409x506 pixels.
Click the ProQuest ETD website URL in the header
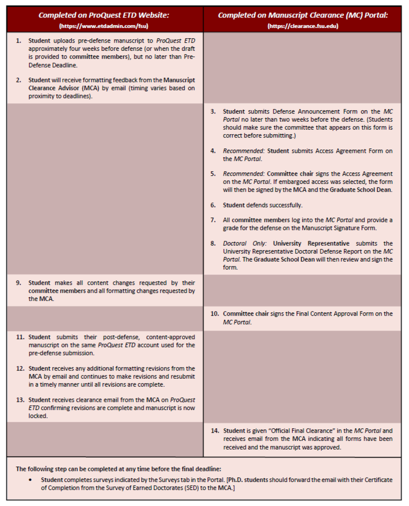click(104, 26)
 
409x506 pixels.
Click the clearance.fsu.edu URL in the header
click(303, 26)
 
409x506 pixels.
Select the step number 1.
click(19, 41)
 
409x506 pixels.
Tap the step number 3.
click(213, 111)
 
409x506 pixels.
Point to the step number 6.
click(213, 205)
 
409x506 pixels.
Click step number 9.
click(19, 283)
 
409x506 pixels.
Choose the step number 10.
click(214, 314)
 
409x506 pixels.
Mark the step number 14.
click(215, 431)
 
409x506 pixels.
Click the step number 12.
click(20, 369)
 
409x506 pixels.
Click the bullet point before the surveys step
click(30, 480)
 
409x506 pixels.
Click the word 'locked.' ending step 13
click(38, 416)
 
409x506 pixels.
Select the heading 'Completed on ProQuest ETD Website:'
click(104, 15)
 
